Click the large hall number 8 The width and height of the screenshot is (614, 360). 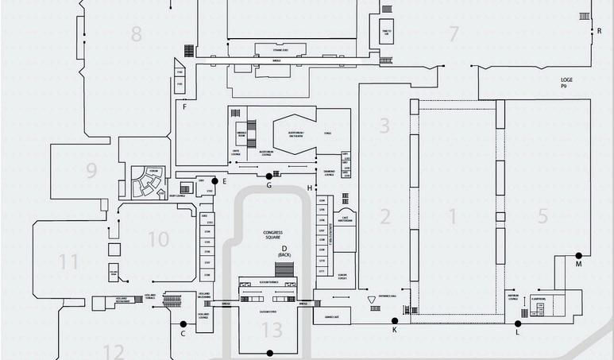[x=137, y=34]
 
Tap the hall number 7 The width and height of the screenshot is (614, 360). [x=454, y=34]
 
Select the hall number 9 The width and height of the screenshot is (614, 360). [x=91, y=170]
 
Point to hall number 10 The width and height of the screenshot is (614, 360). [x=158, y=238]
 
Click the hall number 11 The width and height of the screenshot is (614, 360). [x=69, y=261]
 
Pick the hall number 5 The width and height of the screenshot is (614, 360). [x=543, y=216]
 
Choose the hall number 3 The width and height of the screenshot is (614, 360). [x=384, y=126]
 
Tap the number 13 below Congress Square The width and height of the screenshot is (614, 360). [x=272, y=330]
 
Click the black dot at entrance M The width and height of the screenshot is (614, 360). [x=578, y=255]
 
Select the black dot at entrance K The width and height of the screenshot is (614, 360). [x=395, y=320]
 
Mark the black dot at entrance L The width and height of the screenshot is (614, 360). [x=518, y=323]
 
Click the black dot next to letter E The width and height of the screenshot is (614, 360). [x=214, y=181]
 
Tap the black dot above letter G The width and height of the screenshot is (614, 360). [x=269, y=176]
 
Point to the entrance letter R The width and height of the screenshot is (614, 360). [x=599, y=31]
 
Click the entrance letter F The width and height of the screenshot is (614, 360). [x=183, y=106]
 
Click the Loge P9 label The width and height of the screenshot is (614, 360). [x=566, y=83]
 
